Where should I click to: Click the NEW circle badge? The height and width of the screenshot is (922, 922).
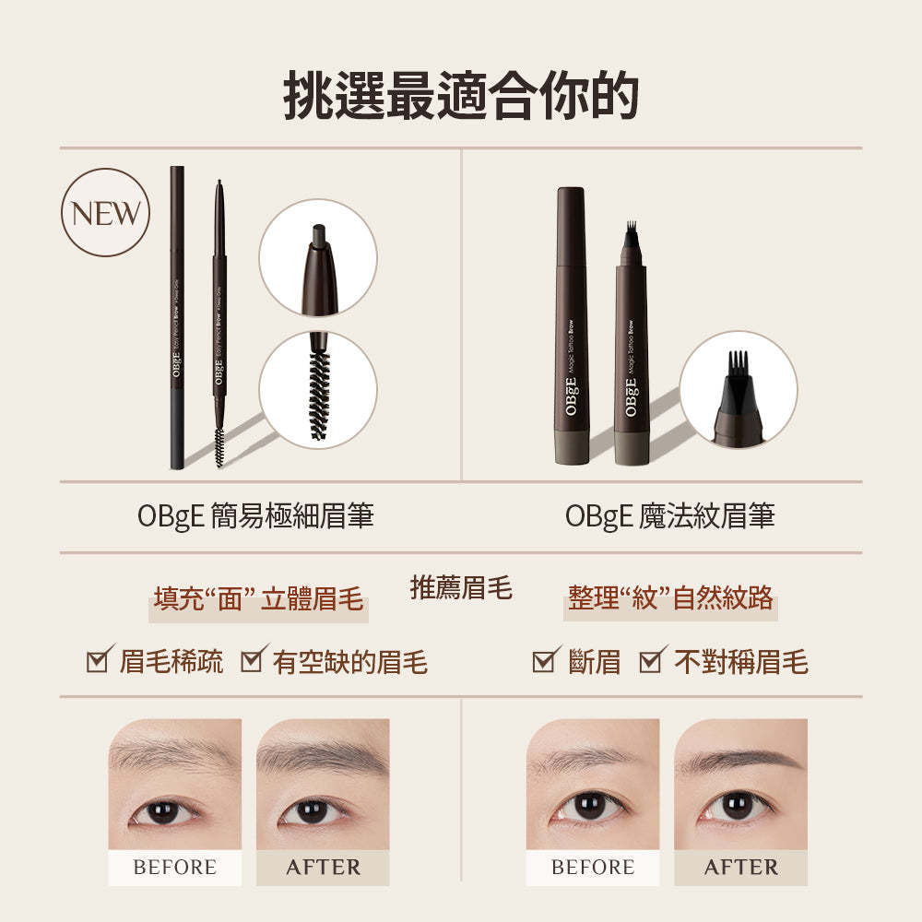tap(105, 213)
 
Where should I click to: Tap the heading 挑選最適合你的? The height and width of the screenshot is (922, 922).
tap(460, 93)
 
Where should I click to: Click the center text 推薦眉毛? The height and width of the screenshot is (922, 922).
tap(461, 587)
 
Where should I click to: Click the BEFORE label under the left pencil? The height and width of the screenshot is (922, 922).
tap(175, 868)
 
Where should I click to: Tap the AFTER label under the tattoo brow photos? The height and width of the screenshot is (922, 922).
tap(740, 868)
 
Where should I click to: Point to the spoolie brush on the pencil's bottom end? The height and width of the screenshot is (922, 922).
tap(219, 445)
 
